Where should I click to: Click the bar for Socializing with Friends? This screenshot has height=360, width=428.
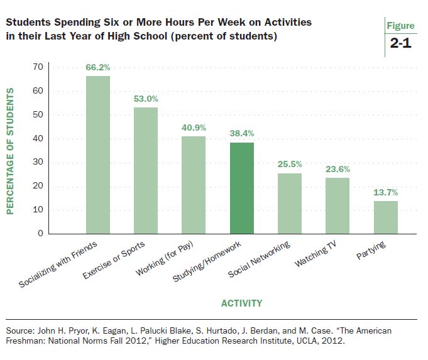tap(97, 155)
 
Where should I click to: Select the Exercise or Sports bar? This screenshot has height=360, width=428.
tap(146, 170)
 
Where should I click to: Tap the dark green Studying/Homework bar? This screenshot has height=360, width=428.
tap(242, 188)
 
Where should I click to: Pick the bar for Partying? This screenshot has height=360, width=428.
tap(386, 217)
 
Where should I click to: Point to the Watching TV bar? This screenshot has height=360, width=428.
tap(337, 205)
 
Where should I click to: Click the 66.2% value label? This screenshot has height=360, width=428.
tap(98, 67)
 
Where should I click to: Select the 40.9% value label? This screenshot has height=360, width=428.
tap(194, 127)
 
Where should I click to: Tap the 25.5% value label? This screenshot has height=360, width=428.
tap(290, 164)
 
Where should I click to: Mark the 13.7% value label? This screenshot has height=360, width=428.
tap(386, 192)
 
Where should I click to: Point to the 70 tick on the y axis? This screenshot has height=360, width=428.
tap(38, 67)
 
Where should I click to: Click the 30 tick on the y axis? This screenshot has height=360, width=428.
tap(38, 162)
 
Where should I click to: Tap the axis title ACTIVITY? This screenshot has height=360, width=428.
tap(241, 303)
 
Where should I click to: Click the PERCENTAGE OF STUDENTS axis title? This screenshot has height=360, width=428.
tap(10, 151)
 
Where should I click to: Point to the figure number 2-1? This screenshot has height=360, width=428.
tap(400, 46)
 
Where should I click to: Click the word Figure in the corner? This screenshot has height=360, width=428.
tap(401, 26)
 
